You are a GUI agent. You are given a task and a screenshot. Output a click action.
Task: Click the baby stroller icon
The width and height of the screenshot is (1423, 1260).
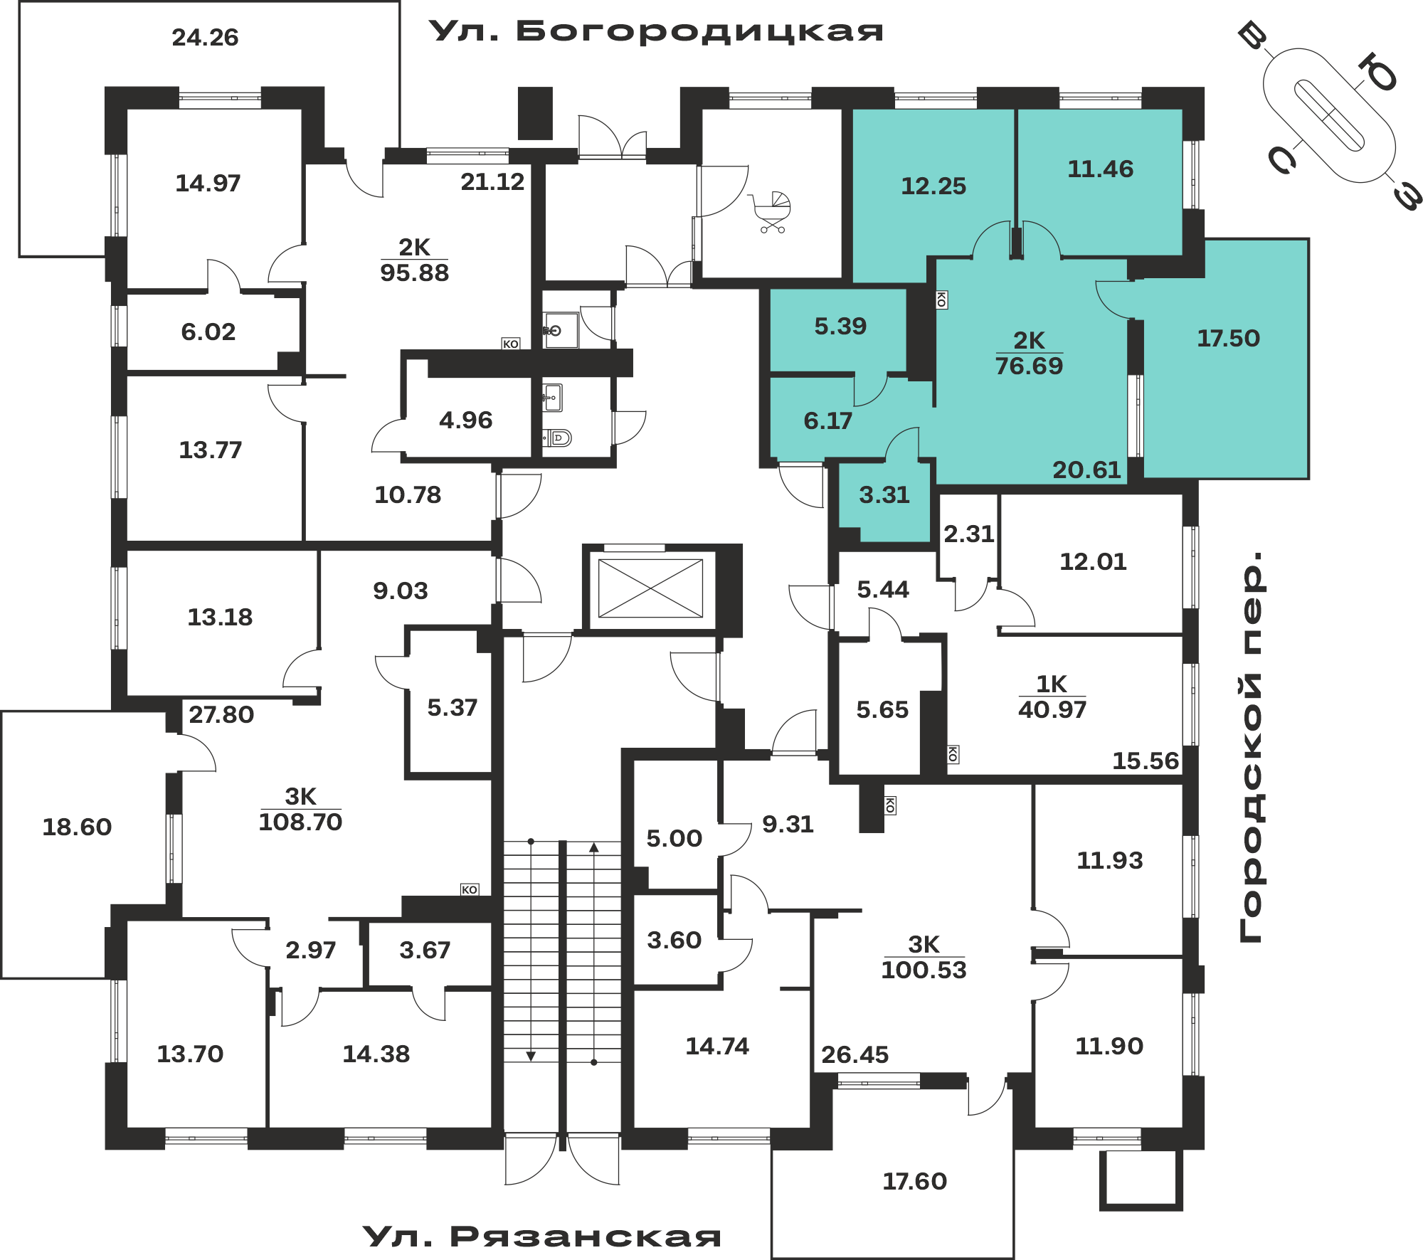[771, 211]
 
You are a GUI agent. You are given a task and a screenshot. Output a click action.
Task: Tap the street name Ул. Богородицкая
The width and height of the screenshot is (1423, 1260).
[656, 31]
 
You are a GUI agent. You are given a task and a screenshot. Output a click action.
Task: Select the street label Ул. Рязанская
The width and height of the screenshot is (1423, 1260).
[542, 1237]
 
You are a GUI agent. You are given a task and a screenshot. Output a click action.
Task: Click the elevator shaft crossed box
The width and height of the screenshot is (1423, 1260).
[650, 588]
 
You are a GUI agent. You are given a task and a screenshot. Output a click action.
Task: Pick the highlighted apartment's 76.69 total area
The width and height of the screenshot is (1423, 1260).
[1029, 366]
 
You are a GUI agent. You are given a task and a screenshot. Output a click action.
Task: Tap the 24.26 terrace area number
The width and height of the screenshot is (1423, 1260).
[205, 37]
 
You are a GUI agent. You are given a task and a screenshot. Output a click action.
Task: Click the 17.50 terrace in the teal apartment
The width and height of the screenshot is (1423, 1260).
[1228, 338]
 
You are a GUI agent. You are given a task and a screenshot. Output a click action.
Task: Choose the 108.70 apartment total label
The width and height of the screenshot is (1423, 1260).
[300, 822]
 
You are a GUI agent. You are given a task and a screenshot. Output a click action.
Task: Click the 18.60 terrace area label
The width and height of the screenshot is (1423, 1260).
[77, 827]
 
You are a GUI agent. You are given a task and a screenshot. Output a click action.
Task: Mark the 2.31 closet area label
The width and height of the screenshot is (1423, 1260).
[969, 534]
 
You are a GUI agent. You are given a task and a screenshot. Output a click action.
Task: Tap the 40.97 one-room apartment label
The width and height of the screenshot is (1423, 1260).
[1052, 709]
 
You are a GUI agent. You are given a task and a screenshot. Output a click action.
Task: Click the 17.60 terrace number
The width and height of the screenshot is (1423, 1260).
[914, 1181]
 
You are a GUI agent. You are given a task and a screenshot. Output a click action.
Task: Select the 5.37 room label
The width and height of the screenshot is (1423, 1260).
[452, 707]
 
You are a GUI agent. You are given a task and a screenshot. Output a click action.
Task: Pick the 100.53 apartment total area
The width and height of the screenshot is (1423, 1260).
[924, 970]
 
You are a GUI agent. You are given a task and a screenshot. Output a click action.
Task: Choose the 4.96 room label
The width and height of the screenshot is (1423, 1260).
[465, 420]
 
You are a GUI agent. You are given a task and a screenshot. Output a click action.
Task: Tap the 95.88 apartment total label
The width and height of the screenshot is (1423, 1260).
[414, 272]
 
